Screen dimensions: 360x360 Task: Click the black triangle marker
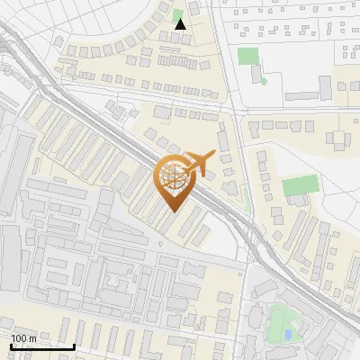[180, 24]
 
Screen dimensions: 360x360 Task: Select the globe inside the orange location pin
[174, 178]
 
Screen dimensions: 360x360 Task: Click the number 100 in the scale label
[20, 338]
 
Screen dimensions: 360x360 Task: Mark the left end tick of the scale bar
[12, 346]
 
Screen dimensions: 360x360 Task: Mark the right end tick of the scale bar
[74, 346]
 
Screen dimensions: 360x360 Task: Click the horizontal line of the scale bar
[42, 347]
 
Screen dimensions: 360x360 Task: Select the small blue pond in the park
[287, 335]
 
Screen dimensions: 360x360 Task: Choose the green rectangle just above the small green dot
[247, 56]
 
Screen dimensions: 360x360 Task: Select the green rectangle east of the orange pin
[300, 187]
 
